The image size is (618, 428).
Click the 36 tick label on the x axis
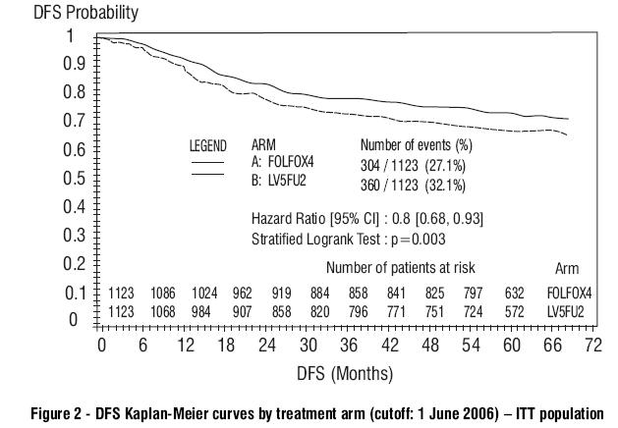[348, 345]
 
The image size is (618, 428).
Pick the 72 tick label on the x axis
[591, 345]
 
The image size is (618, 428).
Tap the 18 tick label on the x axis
[225, 345]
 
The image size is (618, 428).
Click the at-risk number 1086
[164, 293]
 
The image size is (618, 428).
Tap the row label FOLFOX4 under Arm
[568, 293]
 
